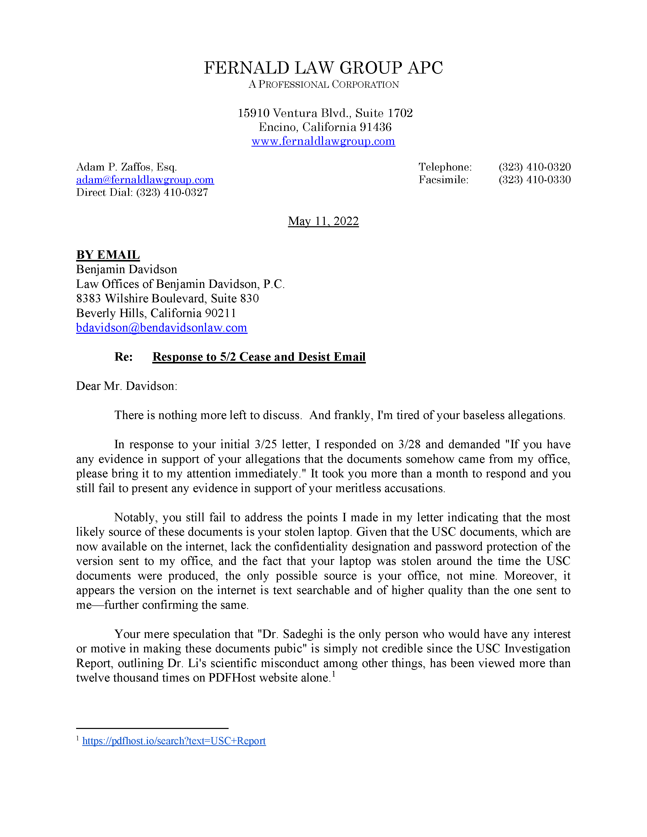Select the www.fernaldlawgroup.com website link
point(323,142)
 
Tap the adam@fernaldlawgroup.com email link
point(145,180)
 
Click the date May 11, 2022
point(323,221)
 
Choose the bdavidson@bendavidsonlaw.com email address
point(161,328)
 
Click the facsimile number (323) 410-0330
point(535,180)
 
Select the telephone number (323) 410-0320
point(535,167)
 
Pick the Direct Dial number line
point(142,193)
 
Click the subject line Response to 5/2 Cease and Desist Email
point(259,357)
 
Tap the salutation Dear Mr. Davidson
point(127,386)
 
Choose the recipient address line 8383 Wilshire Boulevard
point(167,299)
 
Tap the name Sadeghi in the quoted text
point(303,634)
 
